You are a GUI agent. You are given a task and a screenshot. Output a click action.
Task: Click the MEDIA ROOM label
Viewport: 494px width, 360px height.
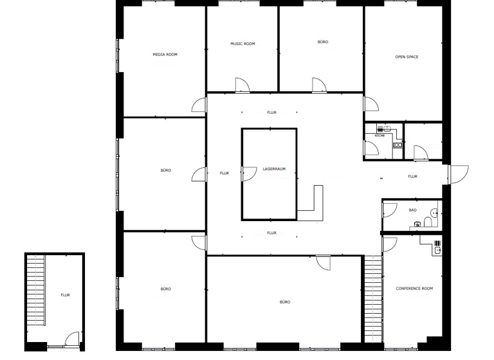coord(165,55)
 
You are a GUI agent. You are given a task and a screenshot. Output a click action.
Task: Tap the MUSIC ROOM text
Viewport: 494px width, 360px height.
coord(242,44)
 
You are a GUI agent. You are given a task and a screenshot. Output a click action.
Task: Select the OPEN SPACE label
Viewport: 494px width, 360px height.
coord(407,57)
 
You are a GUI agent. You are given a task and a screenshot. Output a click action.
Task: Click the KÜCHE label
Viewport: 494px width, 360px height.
coord(380,136)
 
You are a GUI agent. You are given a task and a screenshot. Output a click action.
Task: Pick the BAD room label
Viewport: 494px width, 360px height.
coord(412,210)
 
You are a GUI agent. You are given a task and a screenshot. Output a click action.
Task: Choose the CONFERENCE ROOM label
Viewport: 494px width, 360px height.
coord(414,289)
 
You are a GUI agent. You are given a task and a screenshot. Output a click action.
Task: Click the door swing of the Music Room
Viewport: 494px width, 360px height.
coord(242,84)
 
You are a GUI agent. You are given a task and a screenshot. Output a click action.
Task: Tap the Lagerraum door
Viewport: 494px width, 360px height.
coord(247,174)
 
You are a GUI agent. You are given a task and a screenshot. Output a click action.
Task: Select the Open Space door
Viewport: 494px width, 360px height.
coord(371,105)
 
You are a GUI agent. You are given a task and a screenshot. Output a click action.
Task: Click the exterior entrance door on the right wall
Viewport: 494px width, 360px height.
coord(459,174)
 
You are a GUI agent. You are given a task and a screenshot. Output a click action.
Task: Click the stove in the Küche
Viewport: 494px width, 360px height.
coord(397,145)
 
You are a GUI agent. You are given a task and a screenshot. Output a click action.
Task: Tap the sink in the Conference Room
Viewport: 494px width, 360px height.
coord(437,247)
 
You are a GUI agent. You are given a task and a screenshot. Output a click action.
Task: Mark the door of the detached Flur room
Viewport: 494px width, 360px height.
coord(72,339)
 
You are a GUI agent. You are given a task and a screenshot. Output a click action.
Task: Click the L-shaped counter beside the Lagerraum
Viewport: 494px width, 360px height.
coord(311,206)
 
